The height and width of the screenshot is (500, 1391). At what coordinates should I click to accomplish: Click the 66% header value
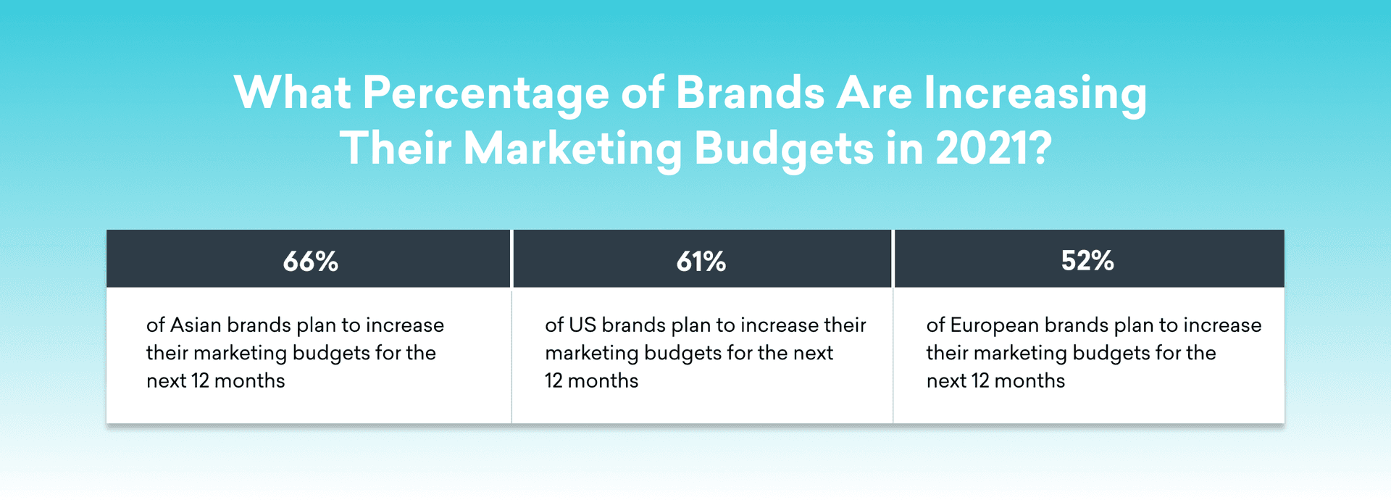[310, 261]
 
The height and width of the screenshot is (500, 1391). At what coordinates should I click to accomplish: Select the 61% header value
[701, 261]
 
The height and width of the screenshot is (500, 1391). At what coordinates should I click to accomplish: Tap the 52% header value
[1087, 261]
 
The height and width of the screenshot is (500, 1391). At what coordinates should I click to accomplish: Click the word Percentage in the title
[485, 94]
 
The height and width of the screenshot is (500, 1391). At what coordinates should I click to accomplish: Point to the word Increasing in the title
[1035, 94]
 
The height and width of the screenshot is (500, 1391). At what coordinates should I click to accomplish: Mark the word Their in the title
[396, 148]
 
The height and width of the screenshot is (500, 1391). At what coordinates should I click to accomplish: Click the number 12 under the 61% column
[554, 380]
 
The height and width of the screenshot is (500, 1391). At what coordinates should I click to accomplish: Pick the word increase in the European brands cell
[1222, 325]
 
